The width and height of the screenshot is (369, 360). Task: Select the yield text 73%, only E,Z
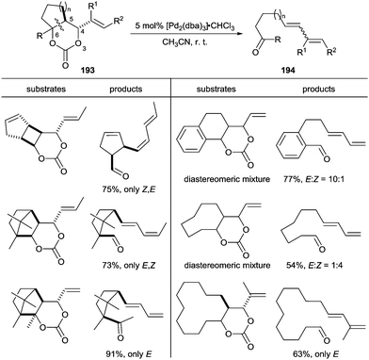138,262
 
